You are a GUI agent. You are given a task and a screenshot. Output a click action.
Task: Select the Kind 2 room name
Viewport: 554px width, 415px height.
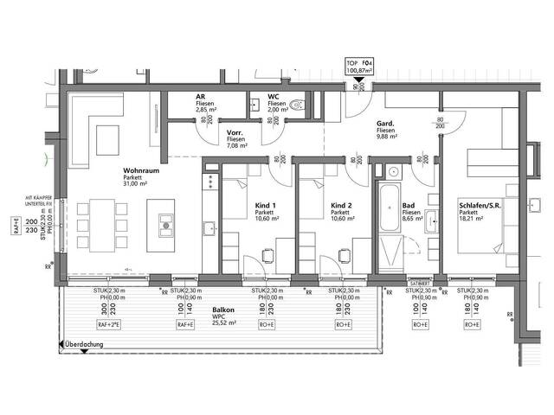tap(340, 205)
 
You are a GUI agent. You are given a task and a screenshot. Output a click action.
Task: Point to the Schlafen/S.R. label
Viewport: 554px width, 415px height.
tap(480, 205)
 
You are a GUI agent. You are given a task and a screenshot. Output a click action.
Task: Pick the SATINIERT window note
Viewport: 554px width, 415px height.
tap(420, 281)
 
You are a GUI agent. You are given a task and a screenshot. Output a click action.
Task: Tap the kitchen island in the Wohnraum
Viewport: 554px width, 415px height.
tap(163, 223)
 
